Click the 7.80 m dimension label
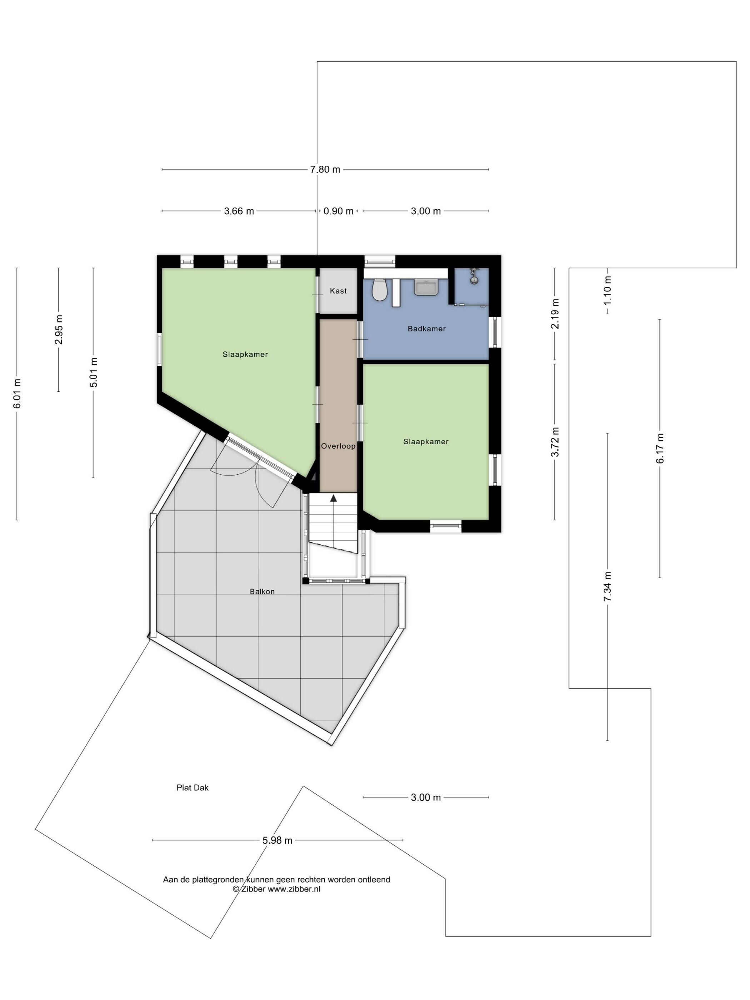(x=325, y=170)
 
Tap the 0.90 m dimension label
(x=338, y=211)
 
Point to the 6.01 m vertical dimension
(x=17, y=394)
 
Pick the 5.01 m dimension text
(x=94, y=372)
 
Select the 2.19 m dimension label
(x=555, y=314)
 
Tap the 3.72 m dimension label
(x=555, y=442)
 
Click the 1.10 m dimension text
(x=607, y=290)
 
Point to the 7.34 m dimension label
(x=607, y=586)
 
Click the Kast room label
(x=338, y=291)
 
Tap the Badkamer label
(x=427, y=329)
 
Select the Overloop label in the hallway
(x=338, y=446)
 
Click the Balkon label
(x=262, y=591)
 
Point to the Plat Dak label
(x=192, y=787)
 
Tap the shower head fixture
(x=473, y=276)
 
